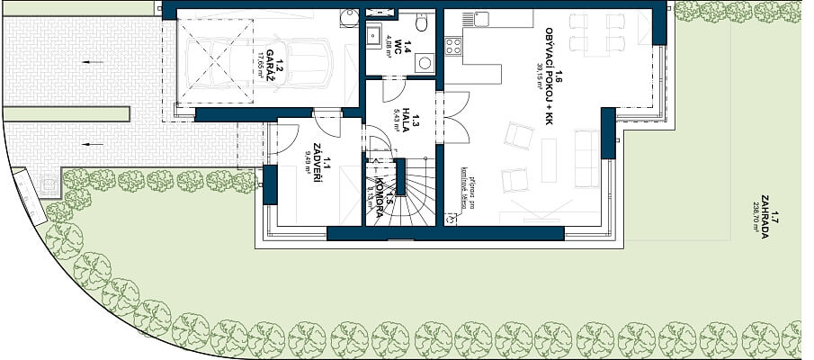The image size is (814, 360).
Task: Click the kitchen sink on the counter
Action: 481,19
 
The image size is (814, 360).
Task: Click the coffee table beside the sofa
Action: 548,160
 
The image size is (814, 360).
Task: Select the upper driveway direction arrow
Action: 87,62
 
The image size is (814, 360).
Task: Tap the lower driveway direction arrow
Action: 87,142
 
